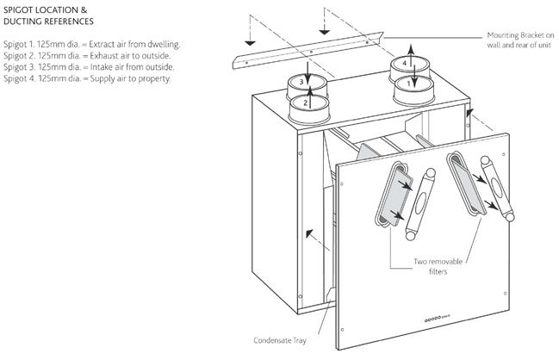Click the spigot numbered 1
pos(413,91)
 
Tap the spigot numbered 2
pos(308,110)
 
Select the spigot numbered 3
pos(307,86)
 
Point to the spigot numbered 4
pos(410,68)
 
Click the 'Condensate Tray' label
pos(280,340)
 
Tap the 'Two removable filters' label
pos(438,266)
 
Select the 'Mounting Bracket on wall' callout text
pos(520,40)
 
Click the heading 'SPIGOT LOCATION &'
pos(46,10)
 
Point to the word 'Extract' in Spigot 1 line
pos(102,44)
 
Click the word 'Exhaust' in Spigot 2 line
pos(103,56)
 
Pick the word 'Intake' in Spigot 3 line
pos(101,67)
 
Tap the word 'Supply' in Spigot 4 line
pos(102,78)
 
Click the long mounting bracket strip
pos(308,50)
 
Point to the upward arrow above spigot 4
pos(411,55)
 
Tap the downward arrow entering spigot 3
pos(308,74)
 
